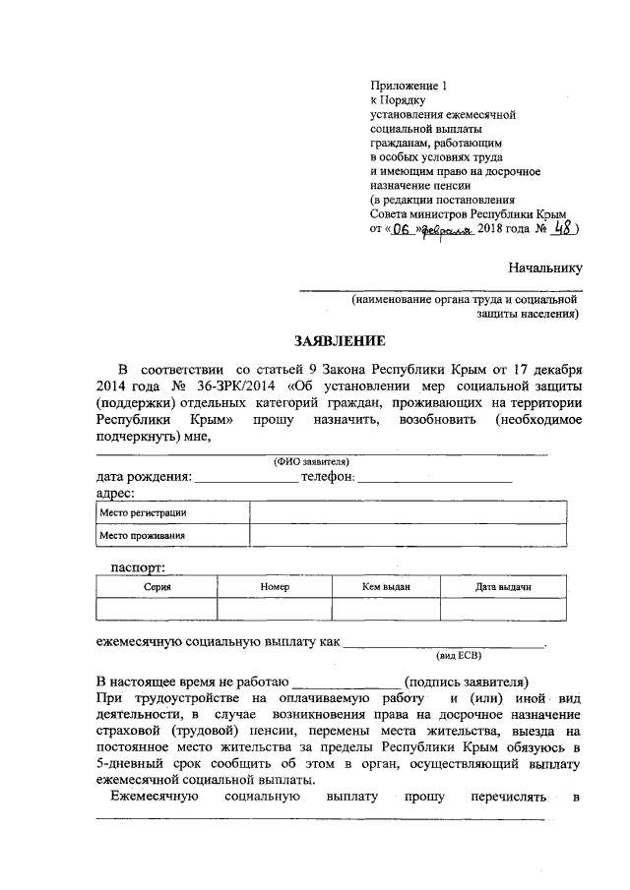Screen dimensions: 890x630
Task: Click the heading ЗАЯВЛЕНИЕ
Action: (x=336, y=341)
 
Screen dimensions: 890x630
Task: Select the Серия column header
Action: (x=156, y=586)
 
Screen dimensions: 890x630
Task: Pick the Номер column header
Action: (x=275, y=586)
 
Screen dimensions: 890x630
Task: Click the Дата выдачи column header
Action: (x=503, y=586)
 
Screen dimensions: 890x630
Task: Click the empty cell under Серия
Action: (x=156, y=609)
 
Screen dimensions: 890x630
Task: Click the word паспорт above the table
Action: (x=137, y=565)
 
